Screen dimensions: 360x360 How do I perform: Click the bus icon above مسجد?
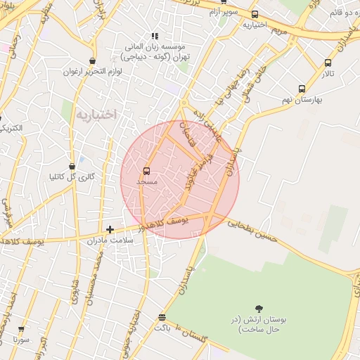(x=147, y=171)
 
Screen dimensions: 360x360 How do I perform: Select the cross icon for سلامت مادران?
(x=110, y=229)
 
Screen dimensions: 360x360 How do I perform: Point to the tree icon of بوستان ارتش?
(x=259, y=308)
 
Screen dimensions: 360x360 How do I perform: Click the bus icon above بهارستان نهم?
(x=302, y=89)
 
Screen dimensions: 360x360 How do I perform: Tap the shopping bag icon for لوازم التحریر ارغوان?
(x=92, y=61)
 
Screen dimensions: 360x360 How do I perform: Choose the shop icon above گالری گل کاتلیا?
(x=72, y=166)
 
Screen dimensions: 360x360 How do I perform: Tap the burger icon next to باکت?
(x=162, y=318)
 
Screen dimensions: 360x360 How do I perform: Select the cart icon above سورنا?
(x=21, y=328)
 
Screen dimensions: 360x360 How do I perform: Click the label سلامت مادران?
(x=110, y=240)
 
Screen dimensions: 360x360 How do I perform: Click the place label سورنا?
(x=20, y=339)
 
